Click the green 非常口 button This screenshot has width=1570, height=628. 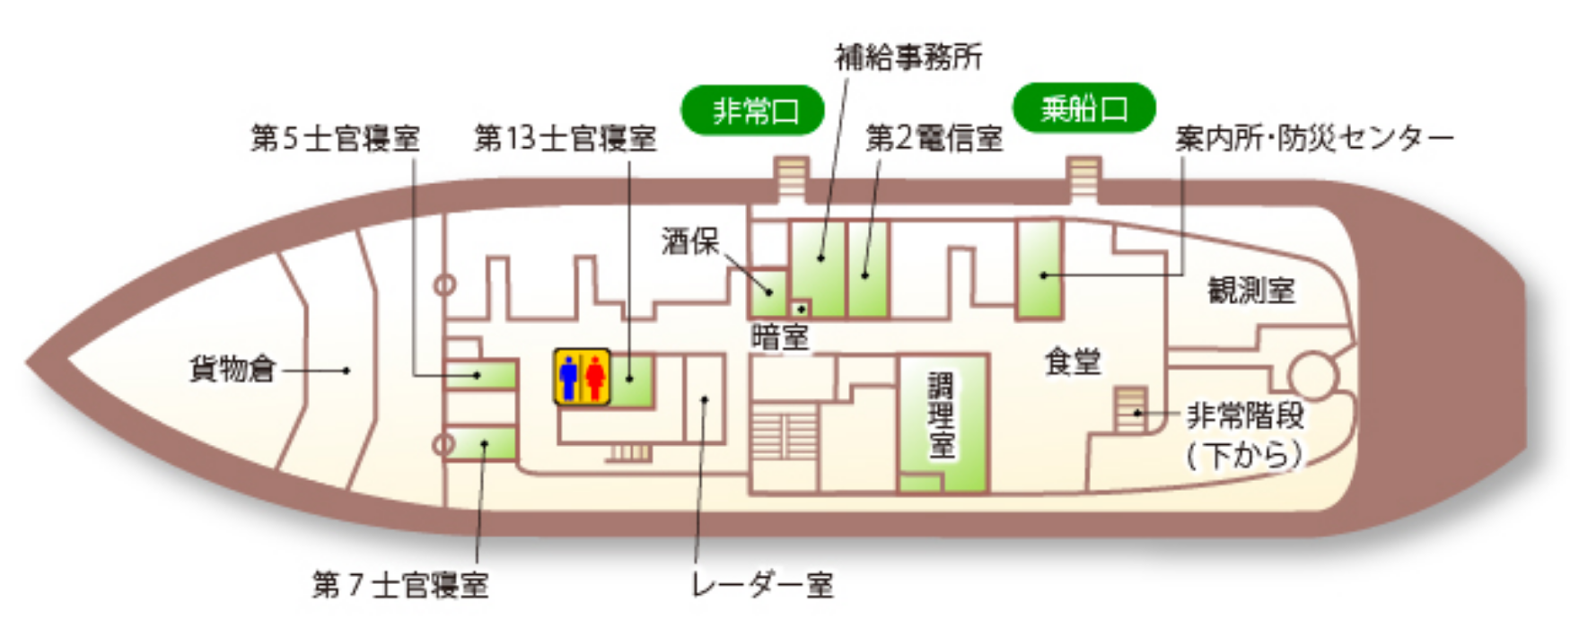click(x=753, y=110)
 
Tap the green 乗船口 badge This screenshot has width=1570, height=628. click(x=1083, y=109)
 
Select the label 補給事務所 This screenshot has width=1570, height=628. click(x=908, y=57)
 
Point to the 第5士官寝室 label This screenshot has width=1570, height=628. click(x=336, y=139)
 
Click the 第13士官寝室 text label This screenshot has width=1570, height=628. click(x=566, y=138)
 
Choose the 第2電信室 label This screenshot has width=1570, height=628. click(x=934, y=138)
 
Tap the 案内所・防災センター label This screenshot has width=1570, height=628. click(x=1314, y=139)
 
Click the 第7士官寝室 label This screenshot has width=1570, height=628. click(x=400, y=585)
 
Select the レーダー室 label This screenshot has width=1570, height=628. click(x=762, y=585)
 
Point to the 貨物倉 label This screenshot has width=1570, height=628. click(x=232, y=369)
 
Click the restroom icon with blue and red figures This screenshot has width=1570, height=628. click(x=582, y=377)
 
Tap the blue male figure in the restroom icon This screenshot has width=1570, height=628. click(x=567, y=378)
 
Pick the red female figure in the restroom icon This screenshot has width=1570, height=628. click(x=595, y=378)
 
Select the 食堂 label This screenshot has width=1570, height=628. click(x=1073, y=362)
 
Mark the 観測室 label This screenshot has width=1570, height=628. click(x=1251, y=290)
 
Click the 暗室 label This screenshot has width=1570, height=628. click(x=779, y=337)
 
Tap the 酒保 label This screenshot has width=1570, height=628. click(x=690, y=240)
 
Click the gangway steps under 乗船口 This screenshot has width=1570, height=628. click(x=1083, y=179)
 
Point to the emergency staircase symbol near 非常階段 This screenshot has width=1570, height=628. click(x=1131, y=409)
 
